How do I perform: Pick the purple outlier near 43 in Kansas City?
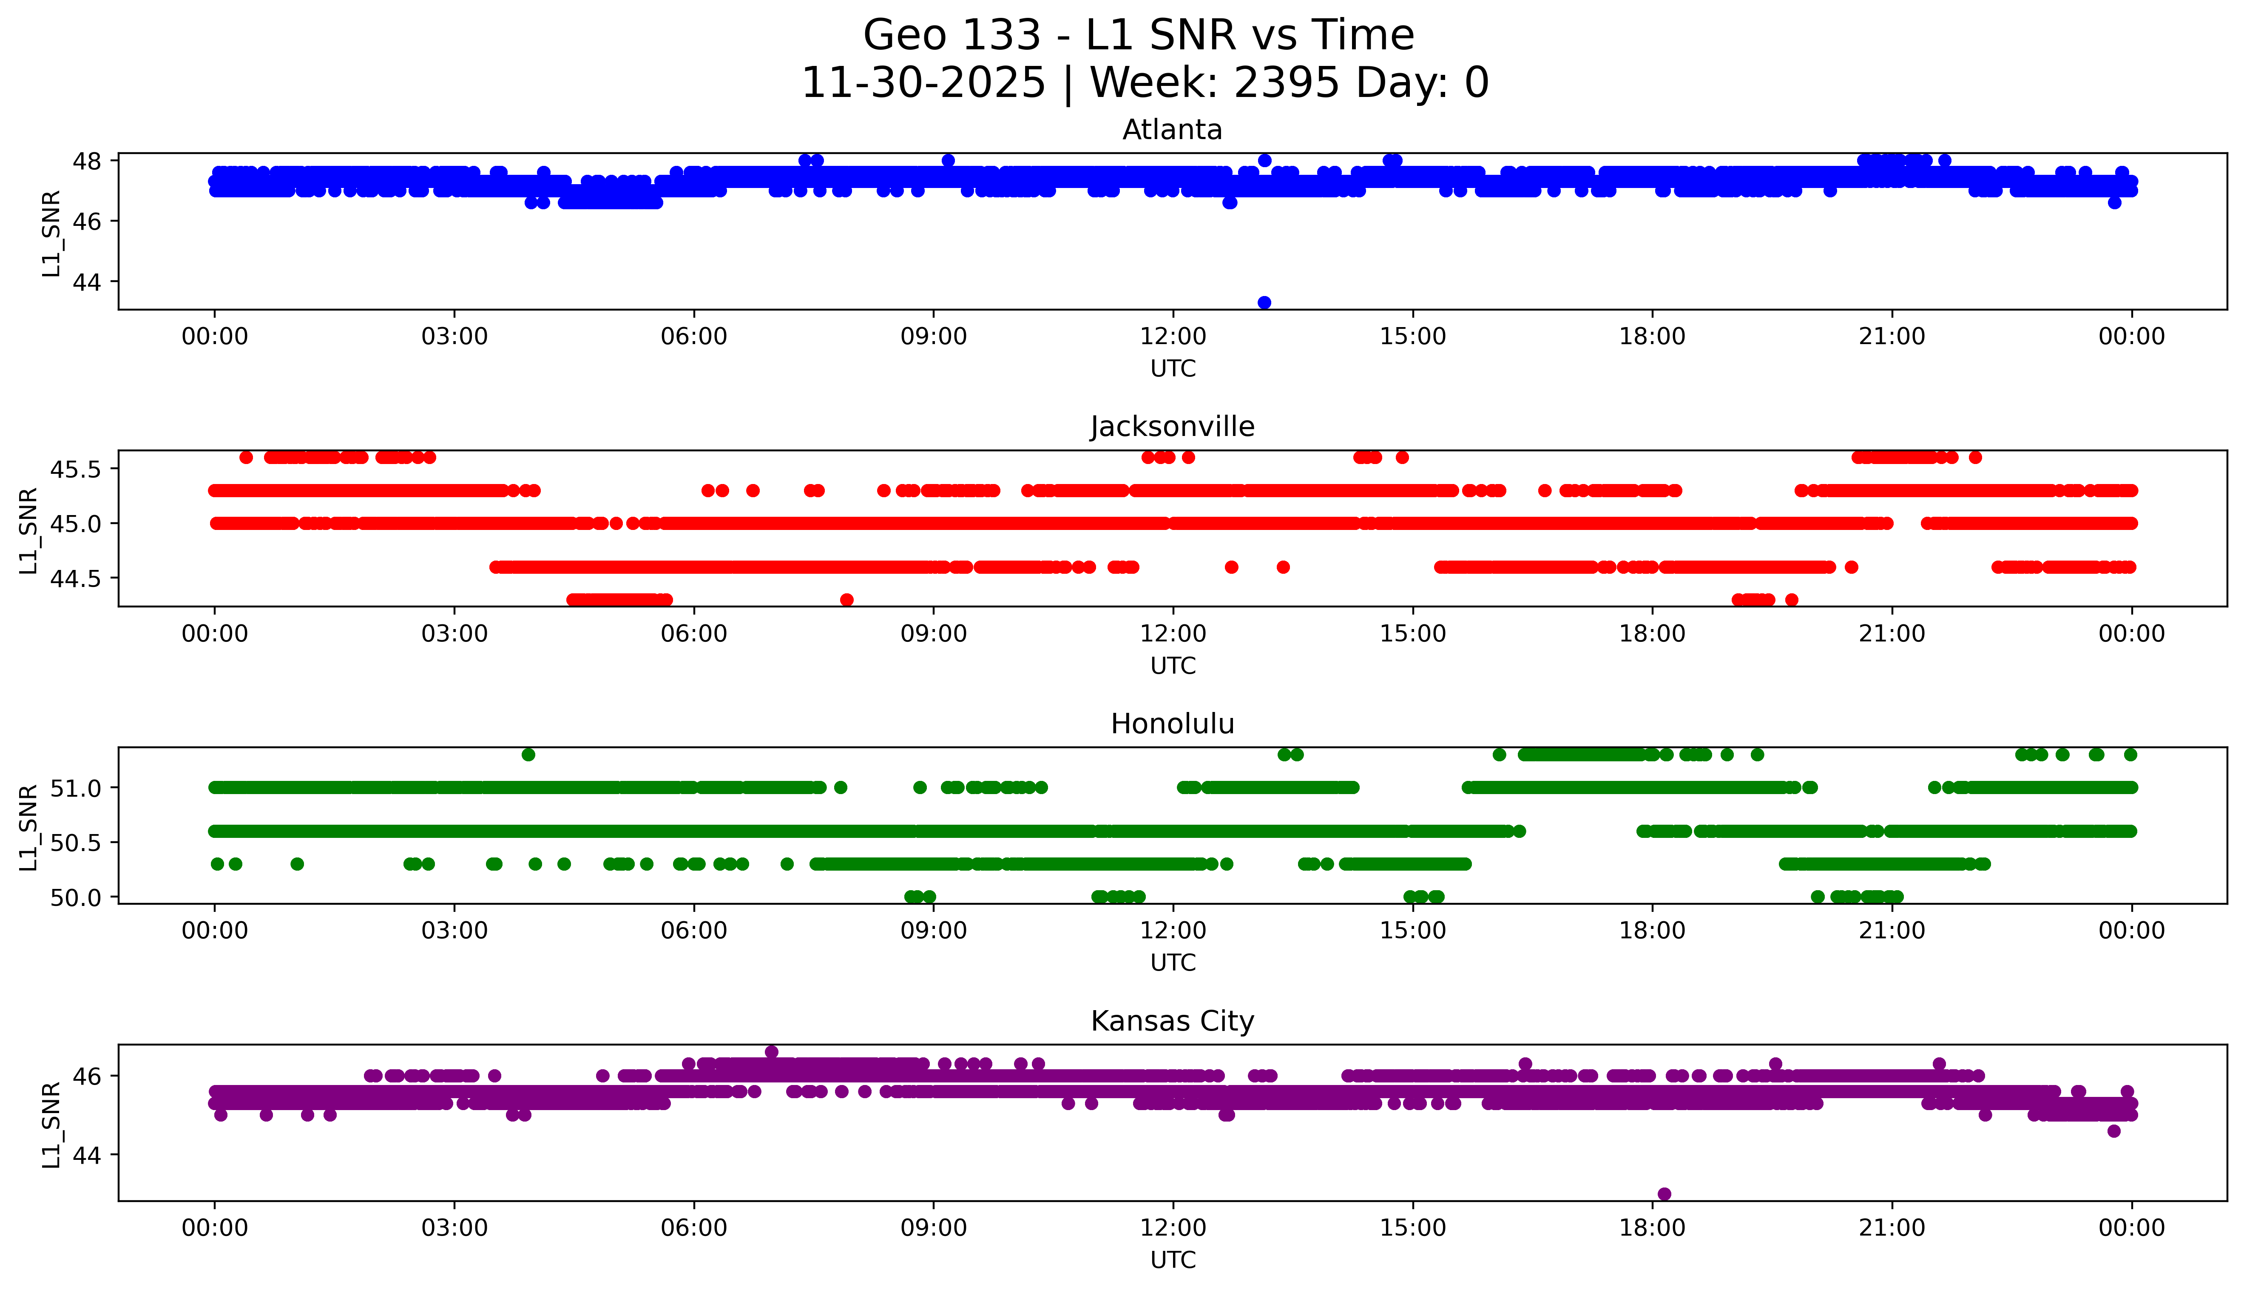pyautogui.click(x=1664, y=1193)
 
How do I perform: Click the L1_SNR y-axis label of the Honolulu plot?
pyautogui.click(x=28, y=827)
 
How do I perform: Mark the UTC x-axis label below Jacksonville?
pyautogui.click(x=1173, y=665)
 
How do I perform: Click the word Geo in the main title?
pyautogui.click(x=907, y=35)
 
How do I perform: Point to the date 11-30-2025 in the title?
pyautogui.click(x=923, y=83)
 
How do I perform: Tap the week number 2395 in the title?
pyautogui.click(x=1286, y=83)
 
